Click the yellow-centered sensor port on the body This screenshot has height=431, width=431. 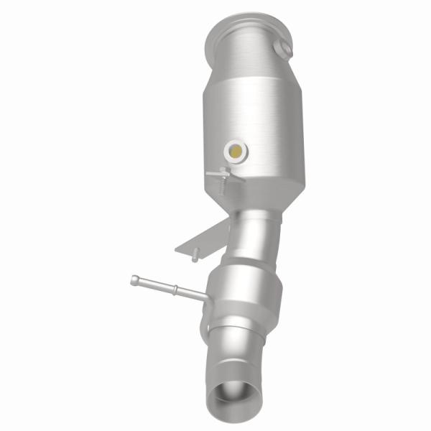(235, 150)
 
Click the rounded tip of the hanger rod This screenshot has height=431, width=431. (134, 280)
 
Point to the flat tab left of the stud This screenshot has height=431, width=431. (213, 175)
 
